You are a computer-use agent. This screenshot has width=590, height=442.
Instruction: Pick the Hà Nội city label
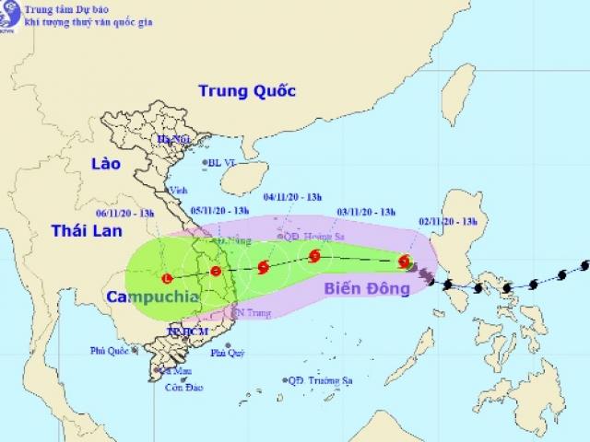point(172,140)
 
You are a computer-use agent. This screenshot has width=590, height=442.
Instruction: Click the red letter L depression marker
point(167,277)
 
